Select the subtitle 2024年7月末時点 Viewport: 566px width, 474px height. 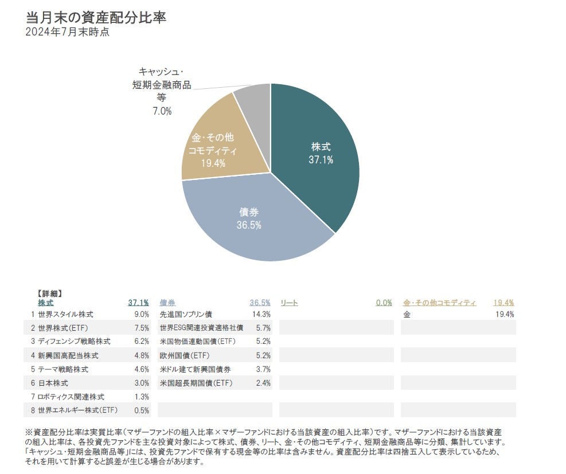tap(67, 32)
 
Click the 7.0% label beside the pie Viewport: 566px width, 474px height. tap(162, 111)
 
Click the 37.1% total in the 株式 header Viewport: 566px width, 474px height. tap(138, 303)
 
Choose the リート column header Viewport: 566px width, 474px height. tap(288, 303)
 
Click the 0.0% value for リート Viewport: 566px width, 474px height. tap(384, 303)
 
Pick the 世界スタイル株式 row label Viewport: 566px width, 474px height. tap(65, 314)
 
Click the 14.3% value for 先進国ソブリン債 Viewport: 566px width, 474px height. tap(261, 314)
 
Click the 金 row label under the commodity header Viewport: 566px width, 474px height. tap(407, 314)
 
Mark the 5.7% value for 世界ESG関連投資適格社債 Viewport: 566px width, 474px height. tap(262, 328)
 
